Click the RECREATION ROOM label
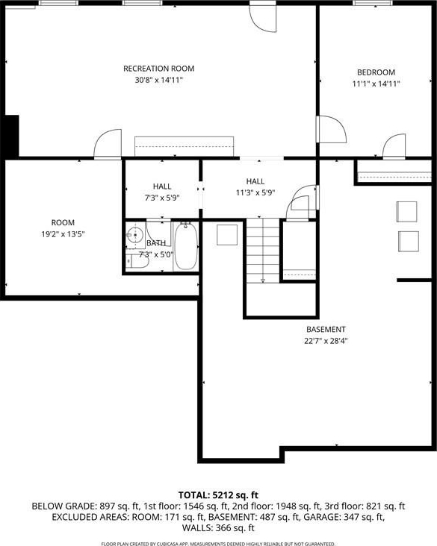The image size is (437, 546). click(158, 69)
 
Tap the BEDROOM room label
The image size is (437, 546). click(376, 72)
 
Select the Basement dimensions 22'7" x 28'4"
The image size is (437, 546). click(326, 341)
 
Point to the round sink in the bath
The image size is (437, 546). click(134, 235)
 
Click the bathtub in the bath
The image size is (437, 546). click(186, 247)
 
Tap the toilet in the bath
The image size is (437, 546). click(137, 261)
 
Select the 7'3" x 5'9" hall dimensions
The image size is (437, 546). click(162, 198)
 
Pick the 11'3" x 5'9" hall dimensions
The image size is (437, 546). click(255, 192)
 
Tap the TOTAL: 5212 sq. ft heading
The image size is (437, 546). click(218, 495)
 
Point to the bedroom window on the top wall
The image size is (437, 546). click(373, 3)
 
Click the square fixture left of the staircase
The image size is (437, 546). click(227, 235)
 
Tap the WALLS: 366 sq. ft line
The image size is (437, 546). click(218, 528)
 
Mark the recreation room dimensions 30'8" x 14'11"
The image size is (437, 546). click(158, 80)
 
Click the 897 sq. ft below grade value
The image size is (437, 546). click(120, 506)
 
